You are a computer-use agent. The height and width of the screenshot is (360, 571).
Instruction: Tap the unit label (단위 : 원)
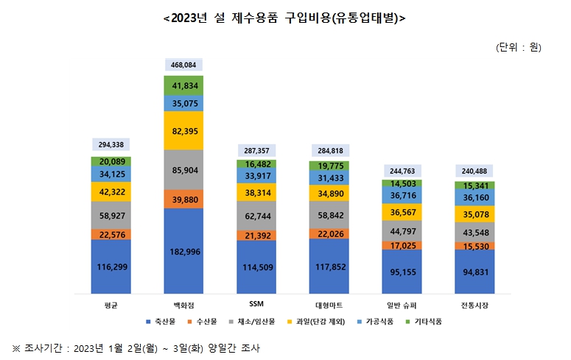point(519,48)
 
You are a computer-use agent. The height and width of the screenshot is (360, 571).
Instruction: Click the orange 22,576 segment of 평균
point(111,234)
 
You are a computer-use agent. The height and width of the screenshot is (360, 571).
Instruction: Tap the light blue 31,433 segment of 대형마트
point(329,178)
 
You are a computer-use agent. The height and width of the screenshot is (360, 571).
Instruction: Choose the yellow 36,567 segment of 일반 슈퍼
point(402,212)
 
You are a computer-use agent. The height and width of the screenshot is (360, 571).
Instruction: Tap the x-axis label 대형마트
point(329,303)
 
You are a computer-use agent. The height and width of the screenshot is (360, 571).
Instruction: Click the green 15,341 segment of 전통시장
point(474,186)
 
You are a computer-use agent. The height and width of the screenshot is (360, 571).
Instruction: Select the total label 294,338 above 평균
point(111,145)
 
